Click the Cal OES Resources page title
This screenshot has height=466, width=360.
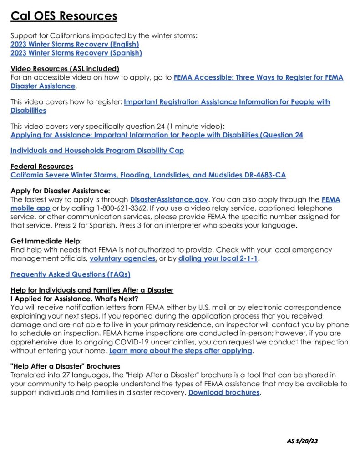64,16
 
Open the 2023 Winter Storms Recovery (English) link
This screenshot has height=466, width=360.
75,44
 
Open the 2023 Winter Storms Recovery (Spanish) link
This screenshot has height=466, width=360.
76,53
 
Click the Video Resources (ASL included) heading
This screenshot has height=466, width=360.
65,69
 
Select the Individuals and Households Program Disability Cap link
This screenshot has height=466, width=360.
97,151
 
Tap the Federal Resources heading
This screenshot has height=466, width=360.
42,167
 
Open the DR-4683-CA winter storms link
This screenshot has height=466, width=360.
148,175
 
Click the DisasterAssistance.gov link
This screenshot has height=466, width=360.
169,199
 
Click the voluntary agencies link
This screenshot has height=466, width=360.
123,259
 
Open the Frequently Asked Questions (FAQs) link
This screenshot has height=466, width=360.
71,274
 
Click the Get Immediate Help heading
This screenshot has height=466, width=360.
46,241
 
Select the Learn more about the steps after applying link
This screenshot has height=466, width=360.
181,351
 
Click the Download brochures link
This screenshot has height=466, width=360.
224,392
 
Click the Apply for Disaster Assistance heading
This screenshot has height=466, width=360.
61,191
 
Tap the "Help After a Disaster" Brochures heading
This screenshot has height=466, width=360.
65,366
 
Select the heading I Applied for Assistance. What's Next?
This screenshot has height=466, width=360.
74,299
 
